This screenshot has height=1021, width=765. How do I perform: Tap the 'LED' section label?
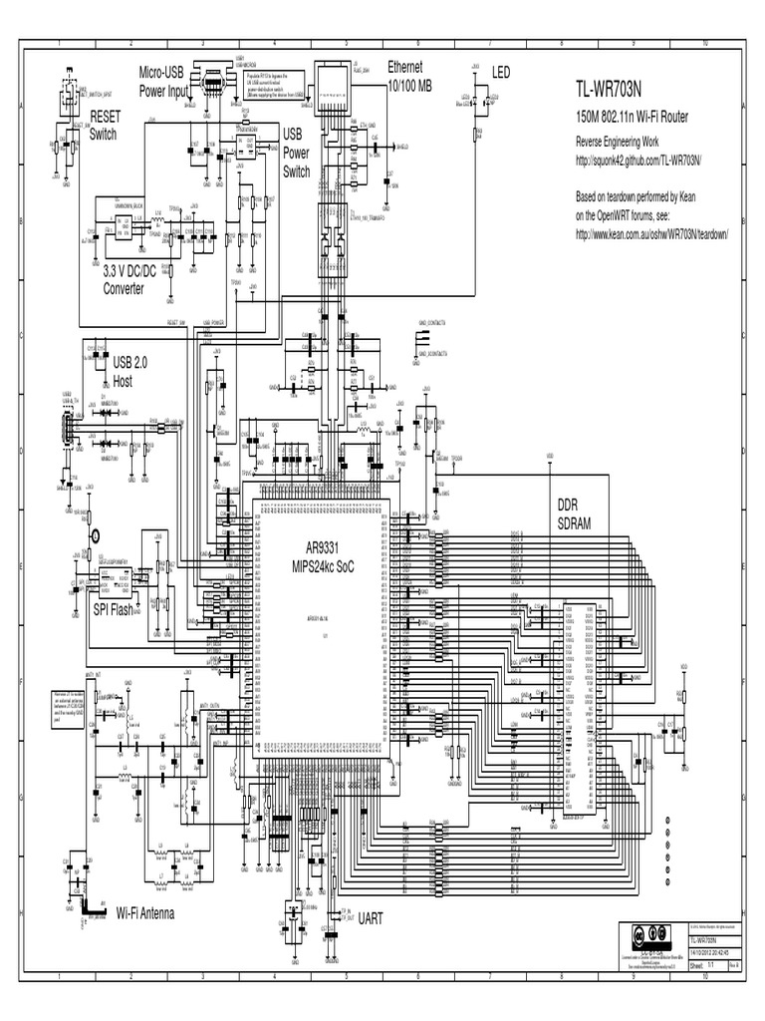point(500,72)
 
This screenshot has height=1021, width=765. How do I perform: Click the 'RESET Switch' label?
point(105,125)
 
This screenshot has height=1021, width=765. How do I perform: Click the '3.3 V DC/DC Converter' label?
point(138,279)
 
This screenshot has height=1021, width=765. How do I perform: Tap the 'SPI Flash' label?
point(113,610)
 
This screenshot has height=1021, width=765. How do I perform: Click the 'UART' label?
point(372,918)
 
